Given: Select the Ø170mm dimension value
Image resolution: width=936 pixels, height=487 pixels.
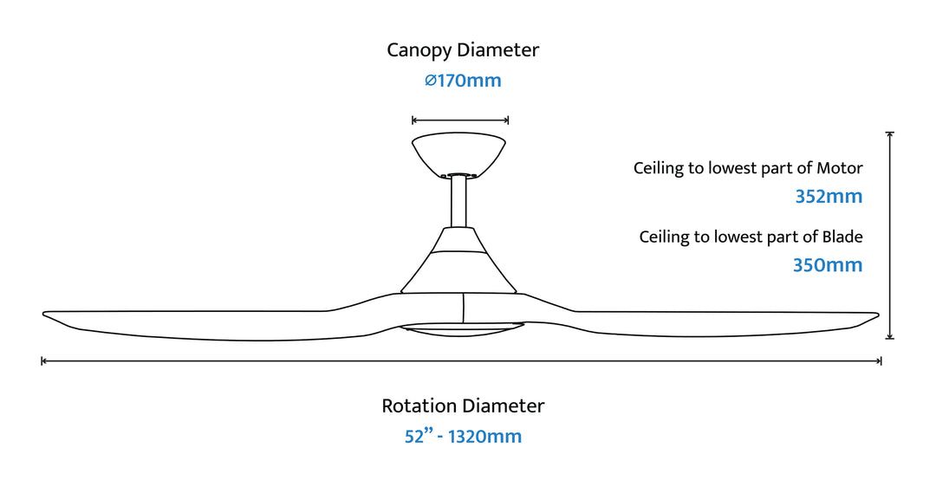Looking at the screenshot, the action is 463,81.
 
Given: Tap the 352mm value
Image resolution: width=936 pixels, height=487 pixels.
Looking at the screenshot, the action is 829,197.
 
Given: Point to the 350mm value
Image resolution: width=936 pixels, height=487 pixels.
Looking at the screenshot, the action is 828,265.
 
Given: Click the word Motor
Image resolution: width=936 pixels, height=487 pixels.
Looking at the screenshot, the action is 839,168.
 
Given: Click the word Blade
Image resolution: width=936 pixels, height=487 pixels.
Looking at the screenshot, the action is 842,237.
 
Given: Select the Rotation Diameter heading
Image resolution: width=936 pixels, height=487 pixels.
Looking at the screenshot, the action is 463,406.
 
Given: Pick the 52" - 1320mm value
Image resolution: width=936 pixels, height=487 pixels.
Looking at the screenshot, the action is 463,436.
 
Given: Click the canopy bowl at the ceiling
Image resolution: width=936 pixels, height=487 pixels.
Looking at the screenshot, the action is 458,154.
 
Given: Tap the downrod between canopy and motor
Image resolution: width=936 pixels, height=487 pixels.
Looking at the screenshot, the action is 458,201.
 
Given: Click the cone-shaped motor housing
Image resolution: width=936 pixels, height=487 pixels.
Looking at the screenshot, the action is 458,260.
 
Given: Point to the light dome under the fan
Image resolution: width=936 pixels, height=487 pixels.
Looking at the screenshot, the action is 461,330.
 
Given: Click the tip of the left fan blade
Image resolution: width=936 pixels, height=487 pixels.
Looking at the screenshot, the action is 43,314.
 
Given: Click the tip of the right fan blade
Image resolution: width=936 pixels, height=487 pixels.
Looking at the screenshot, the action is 878,315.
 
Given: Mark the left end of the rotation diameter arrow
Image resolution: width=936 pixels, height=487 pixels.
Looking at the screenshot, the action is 42,360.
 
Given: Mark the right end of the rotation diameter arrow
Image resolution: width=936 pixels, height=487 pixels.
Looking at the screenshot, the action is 881,360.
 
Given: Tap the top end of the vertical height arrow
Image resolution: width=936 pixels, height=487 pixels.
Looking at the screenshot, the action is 889,133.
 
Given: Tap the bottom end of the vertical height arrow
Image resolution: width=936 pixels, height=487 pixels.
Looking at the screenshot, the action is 889,338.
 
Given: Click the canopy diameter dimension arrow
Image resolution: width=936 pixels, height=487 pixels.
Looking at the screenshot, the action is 460,120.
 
